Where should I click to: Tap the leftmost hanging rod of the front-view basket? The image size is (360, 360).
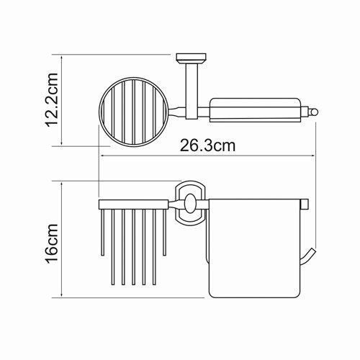(101, 245)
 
